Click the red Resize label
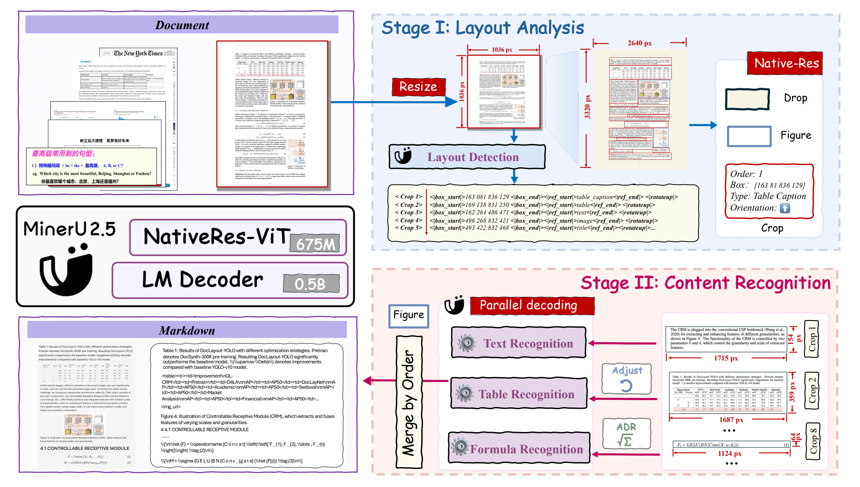tap(418, 87)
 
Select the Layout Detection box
tap(467, 157)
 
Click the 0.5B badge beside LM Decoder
tap(311, 284)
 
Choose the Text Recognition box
tap(519, 343)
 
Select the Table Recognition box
tap(519, 394)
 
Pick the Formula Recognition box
tap(519, 448)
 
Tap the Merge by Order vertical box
tap(409, 402)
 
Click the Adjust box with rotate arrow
tap(626, 378)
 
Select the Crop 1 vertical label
tap(811, 339)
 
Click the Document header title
tap(182, 25)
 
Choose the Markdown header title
tap(187, 330)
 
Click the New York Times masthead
tap(138, 53)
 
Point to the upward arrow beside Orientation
tap(785, 208)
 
